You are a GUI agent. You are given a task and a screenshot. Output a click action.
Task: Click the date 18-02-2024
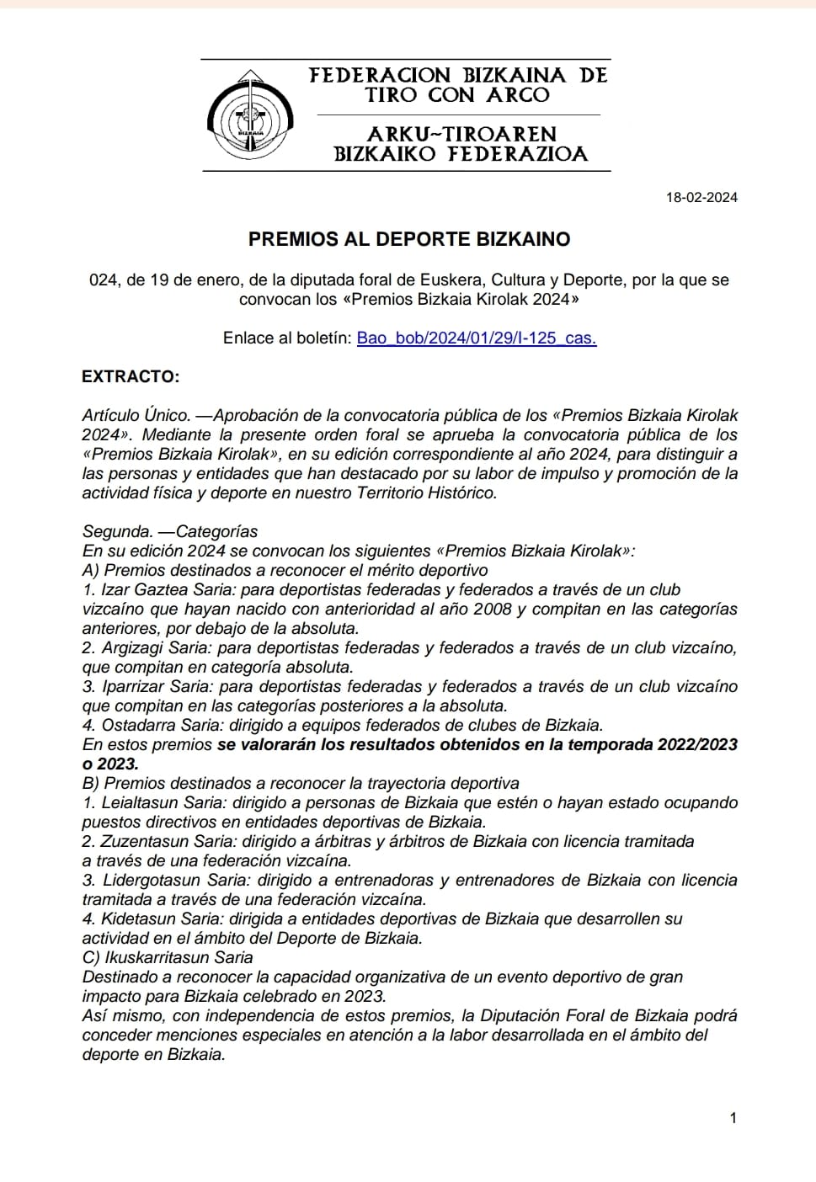701,198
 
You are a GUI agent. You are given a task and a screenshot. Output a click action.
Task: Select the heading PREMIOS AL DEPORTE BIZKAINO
409,239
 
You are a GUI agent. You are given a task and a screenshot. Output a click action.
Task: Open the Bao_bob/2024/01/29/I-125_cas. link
477,338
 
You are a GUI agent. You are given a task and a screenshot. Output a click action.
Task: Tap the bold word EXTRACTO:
131,376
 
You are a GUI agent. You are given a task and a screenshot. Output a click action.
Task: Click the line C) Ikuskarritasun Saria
168,958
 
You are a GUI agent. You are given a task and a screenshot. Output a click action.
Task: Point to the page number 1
733,1118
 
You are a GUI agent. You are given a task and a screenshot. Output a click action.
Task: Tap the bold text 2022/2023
698,745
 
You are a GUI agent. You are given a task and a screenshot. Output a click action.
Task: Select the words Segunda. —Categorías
170,532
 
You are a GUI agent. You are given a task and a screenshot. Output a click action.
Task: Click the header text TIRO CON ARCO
457,95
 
